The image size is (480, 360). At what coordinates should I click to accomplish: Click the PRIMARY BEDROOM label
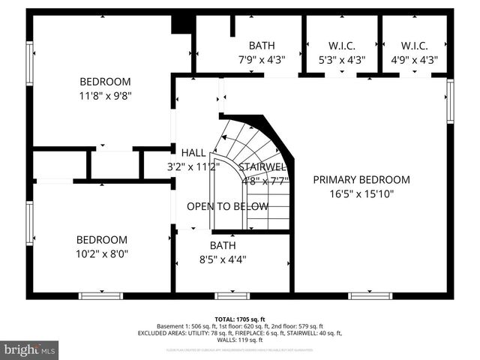click(x=361, y=179)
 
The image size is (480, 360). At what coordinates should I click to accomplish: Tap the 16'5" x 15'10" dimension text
click(x=361, y=193)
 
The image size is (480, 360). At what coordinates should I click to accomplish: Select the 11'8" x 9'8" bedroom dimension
click(x=105, y=96)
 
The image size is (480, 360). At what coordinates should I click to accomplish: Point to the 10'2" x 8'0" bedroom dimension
click(x=102, y=253)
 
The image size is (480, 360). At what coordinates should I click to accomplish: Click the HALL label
click(x=193, y=153)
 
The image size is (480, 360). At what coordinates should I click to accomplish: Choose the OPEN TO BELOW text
click(x=227, y=206)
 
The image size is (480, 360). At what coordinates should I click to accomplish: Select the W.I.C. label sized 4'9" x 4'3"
click(x=414, y=45)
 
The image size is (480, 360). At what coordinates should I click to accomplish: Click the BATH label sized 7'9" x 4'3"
click(x=262, y=45)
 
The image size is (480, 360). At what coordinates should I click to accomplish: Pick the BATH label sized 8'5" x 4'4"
click(x=223, y=245)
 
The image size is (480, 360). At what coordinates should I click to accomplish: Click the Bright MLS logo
click(x=30, y=349)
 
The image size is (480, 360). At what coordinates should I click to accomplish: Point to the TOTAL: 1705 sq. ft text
click(x=239, y=319)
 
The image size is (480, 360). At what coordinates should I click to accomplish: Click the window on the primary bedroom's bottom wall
click(x=370, y=295)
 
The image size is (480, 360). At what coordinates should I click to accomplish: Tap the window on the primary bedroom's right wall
click(x=450, y=100)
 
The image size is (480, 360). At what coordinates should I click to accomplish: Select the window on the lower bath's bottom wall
click(x=232, y=295)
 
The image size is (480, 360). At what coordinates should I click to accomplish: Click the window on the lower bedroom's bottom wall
click(x=100, y=295)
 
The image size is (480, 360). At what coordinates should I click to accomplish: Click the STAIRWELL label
click(x=263, y=166)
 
